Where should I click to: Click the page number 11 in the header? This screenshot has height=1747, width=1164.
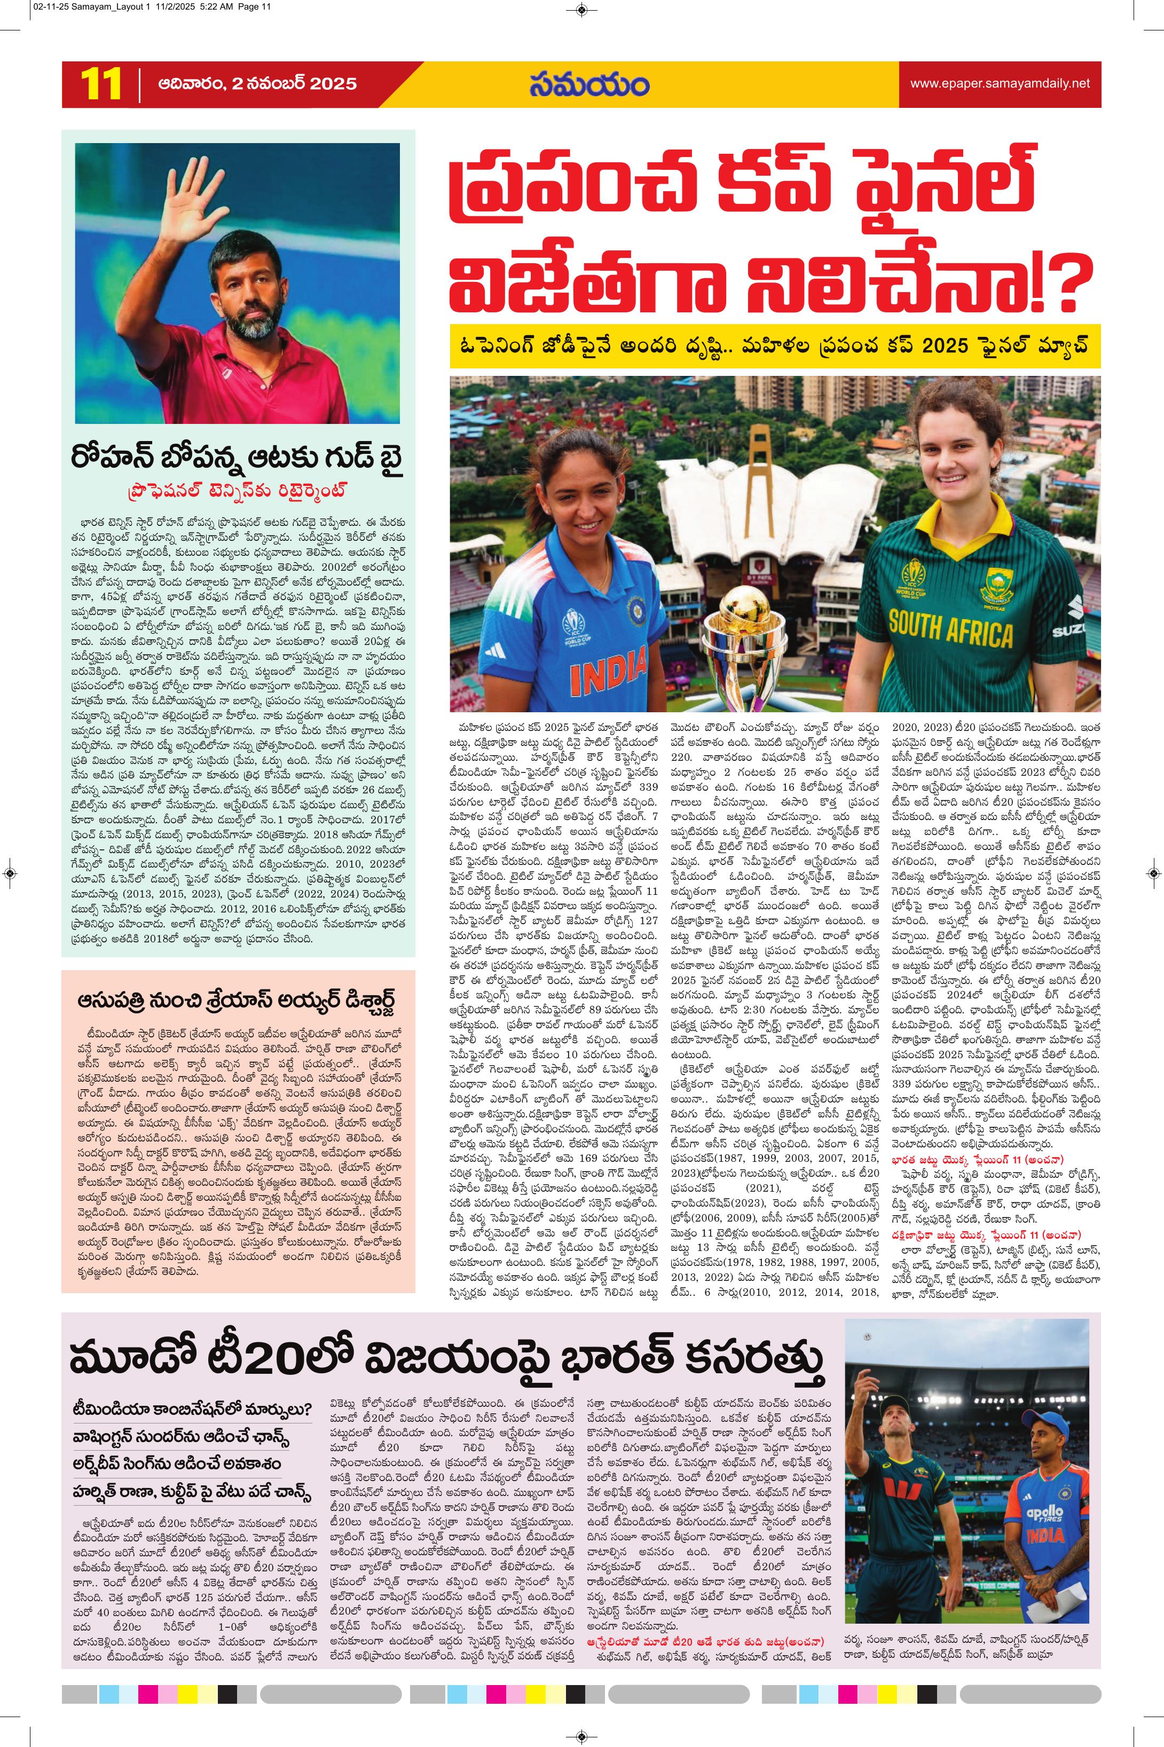(101, 84)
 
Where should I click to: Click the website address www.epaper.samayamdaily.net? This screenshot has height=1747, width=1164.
(1000, 84)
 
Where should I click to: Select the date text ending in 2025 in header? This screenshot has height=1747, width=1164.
(257, 84)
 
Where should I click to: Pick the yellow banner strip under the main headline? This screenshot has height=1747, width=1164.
(774, 345)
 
